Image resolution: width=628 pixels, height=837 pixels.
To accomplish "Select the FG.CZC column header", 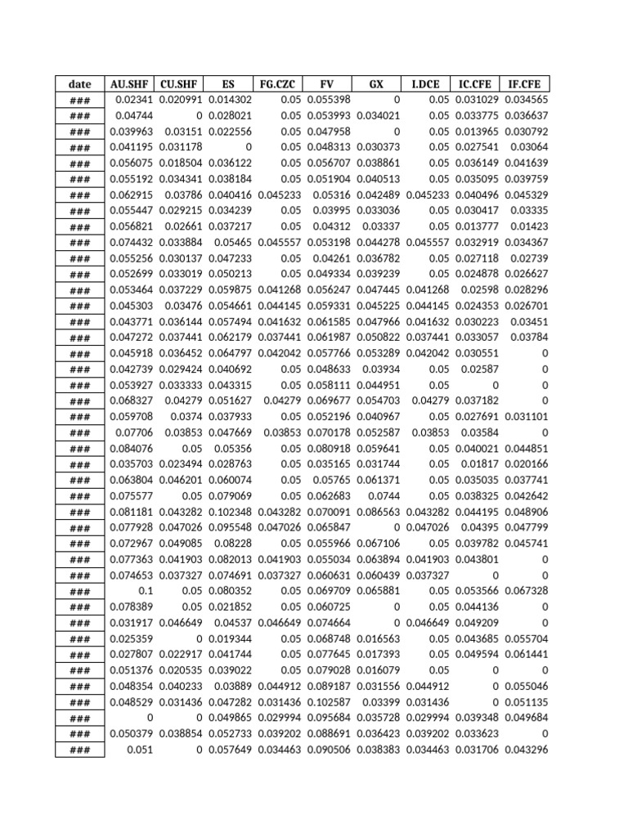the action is point(278,83).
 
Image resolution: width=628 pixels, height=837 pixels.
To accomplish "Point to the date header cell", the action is point(80,83).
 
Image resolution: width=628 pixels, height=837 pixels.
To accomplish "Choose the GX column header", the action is point(376,83).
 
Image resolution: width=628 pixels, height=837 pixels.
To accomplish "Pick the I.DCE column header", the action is point(425,83).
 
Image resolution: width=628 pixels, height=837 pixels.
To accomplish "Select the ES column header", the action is point(229,83).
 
